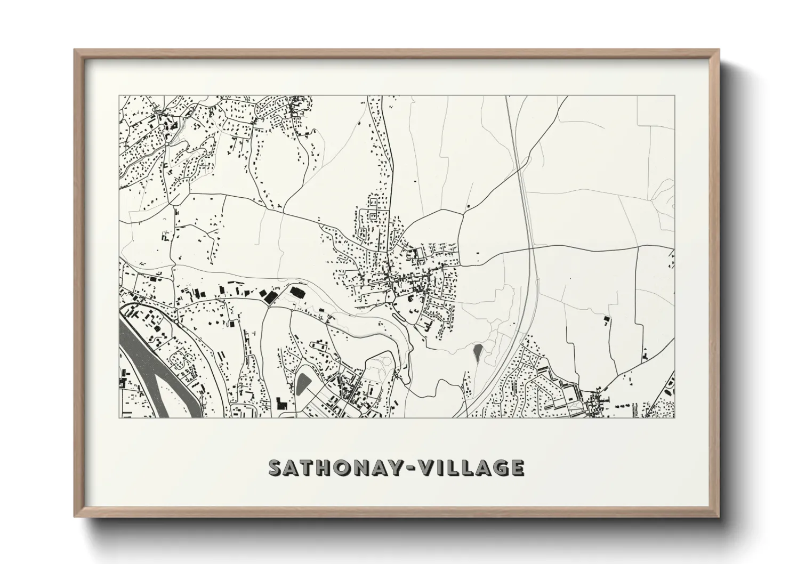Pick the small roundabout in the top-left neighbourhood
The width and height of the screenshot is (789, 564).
point(167,143)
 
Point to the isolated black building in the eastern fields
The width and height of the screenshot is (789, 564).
point(607,319)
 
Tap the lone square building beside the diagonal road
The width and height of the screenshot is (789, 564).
point(468,206)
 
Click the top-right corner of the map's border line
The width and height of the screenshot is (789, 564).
point(675,96)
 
